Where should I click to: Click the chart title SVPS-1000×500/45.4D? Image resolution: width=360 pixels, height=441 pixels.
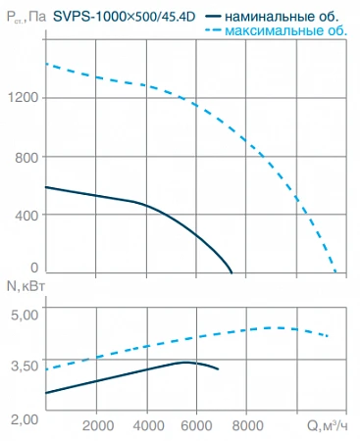point(125,17)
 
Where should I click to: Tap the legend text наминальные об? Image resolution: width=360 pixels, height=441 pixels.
point(282,17)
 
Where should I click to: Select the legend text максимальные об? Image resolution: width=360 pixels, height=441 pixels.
point(286,30)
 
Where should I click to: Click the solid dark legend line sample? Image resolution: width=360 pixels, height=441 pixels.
point(213,17)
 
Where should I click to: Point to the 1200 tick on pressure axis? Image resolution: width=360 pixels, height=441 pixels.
point(24,97)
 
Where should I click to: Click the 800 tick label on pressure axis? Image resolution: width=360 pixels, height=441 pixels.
point(26,158)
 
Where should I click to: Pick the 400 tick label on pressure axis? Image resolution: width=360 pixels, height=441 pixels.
point(26,215)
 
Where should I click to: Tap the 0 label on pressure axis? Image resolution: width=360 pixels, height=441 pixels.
point(34,268)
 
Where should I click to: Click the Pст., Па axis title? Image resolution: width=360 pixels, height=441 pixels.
point(26,17)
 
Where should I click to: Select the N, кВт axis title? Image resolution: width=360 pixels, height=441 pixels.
point(26,286)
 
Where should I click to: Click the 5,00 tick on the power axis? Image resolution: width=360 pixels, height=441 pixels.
point(25,315)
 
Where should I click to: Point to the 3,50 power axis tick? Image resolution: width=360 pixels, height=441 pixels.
point(25,366)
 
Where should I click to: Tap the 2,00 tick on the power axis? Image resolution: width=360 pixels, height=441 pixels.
point(25,419)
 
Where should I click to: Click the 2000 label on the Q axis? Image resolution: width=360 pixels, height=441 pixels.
point(98,426)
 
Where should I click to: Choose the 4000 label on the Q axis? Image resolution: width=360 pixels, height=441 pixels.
point(148,426)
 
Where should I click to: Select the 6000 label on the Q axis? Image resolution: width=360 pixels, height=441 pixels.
point(197,426)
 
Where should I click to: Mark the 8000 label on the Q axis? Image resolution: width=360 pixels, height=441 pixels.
point(247,426)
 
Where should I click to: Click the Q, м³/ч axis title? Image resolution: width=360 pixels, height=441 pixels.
point(328,425)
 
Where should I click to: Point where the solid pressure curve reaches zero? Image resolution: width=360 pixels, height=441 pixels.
point(231,272)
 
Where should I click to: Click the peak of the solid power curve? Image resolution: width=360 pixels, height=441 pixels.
point(185,362)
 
